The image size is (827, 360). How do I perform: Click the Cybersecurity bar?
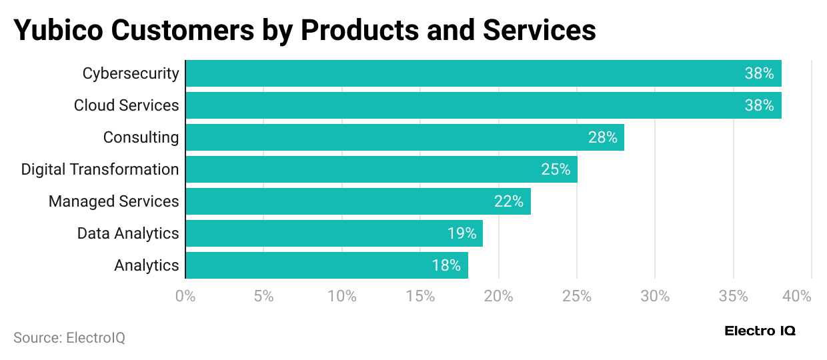pyautogui.click(x=483, y=73)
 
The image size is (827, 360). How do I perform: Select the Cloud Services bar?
pyautogui.click(x=483, y=105)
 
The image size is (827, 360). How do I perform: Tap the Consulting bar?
pyautogui.click(x=404, y=137)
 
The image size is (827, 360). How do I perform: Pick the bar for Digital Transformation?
pyautogui.click(x=381, y=169)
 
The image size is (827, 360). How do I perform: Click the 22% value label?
pyautogui.click(x=508, y=201)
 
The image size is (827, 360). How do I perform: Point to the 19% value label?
pyautogui.click(x=462, y=233)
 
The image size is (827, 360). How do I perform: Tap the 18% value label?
pyautogui.click(x=446, y=265)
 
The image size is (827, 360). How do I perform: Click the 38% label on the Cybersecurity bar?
pyautogui.click(x=759, y=73)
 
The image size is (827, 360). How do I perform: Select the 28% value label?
pyautogui.click(x=602, y=137)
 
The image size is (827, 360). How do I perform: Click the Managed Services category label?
pyautogui.click(x=113, y=201)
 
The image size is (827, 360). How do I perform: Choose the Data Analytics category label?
pyautogui.click(x=128, y=233)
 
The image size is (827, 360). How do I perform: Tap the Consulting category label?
pyautogui.click(x=141, y=137)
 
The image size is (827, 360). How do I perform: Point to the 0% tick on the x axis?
pyautogui.click(x=185, y=297)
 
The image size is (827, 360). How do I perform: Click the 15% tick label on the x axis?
pyautogui.click(x=420, y=297)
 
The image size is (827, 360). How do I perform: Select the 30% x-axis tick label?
pyautogui.click(x=655, y=297)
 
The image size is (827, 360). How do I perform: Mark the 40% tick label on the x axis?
pyautogui.click(x=796, y=297)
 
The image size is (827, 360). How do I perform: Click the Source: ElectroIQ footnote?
pyautogui.click(x=69, y=338)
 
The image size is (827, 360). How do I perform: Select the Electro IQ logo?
pyautogui.click(x=760, y=331)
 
